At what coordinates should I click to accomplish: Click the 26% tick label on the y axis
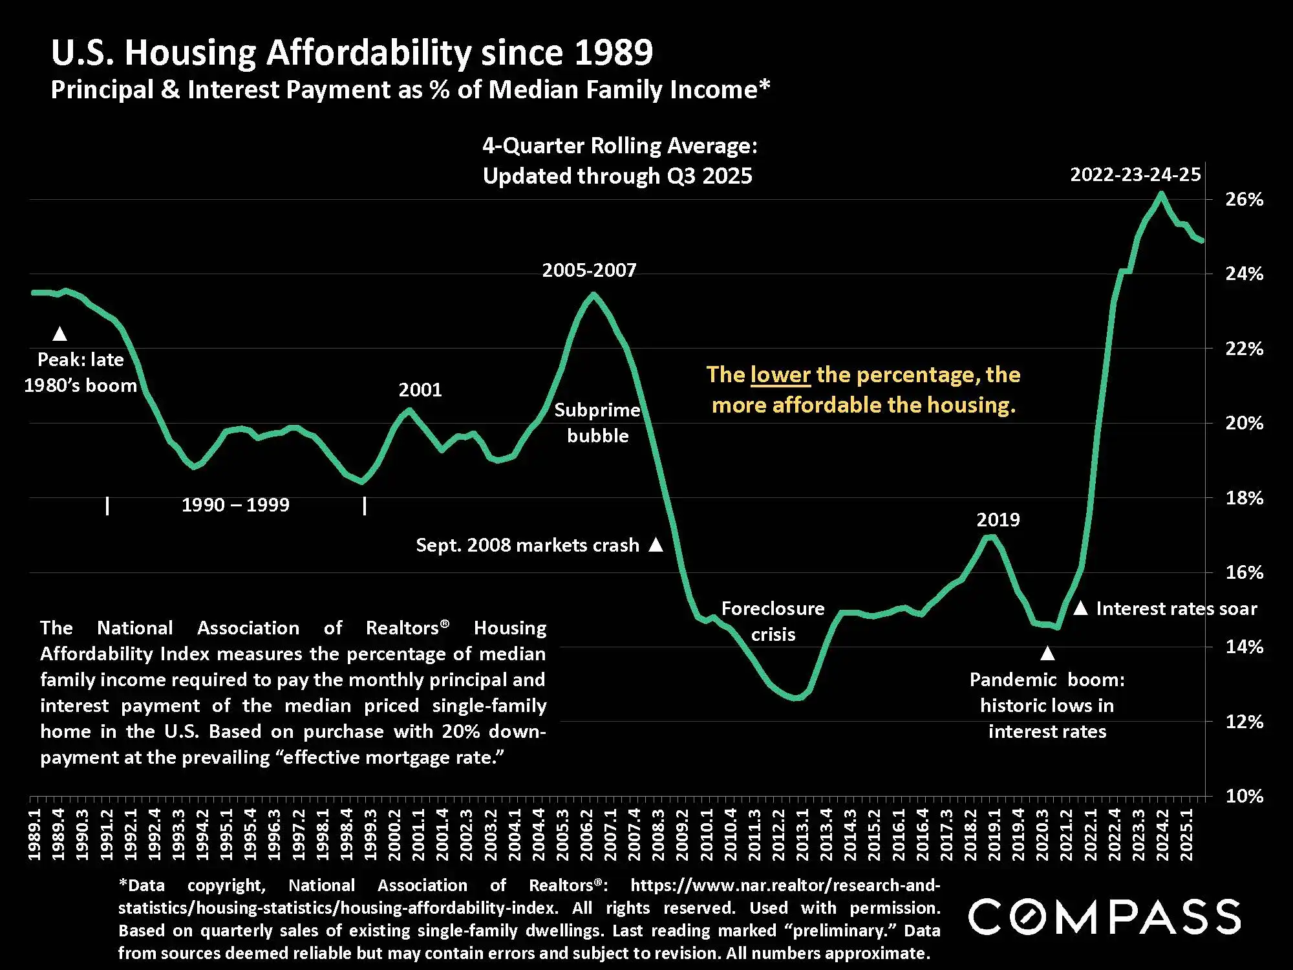(1244, 199)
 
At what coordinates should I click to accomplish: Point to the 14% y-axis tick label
(1244, 647)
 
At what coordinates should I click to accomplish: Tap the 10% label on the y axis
(1244, 796)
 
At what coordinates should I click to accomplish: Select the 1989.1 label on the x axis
(35, 835)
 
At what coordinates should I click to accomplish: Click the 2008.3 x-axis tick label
(658, 835)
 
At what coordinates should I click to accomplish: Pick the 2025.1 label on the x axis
(1186, 835)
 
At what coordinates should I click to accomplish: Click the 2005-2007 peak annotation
(589, 270)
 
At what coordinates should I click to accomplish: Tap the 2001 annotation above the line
(420, 390)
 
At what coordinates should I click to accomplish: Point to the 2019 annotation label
(998, 520)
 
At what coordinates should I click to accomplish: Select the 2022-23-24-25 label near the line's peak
(1135, 175)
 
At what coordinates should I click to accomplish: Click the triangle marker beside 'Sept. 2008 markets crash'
(656, 544)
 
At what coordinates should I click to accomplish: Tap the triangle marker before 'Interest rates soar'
(1080, 609)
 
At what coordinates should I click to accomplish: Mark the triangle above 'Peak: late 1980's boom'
(59, 334)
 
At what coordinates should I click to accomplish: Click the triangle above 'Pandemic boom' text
(1047, 654)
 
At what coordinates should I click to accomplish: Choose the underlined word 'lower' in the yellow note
(780, 375)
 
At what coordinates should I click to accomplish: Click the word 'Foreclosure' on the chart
(773, 609)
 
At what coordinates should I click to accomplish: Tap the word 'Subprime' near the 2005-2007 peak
(597, 410)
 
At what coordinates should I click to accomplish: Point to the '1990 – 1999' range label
(235, 505)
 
